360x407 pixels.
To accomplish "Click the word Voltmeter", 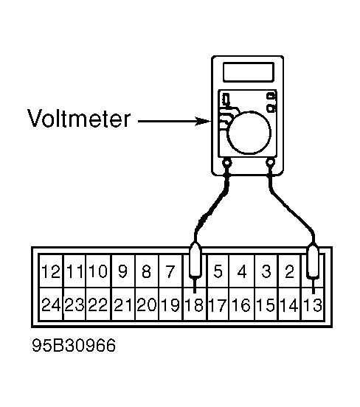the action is [79, 119].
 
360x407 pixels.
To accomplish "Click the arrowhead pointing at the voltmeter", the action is [203, 121].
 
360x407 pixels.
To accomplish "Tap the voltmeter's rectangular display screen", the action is [248, 72].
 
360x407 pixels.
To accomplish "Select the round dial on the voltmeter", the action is [249, 133].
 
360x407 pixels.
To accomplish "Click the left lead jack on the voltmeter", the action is [227, 163].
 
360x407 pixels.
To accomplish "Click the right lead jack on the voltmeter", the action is [271, 163].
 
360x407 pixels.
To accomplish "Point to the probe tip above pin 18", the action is [195, 285].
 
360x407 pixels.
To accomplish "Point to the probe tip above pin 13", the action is [314, 286].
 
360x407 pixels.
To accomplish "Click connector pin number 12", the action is [51, 271].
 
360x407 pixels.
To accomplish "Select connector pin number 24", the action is [51, 305].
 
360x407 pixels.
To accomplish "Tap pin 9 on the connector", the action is [122, 271].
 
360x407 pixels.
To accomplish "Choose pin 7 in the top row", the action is [170, 271].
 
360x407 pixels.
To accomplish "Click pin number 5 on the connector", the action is [218, 271].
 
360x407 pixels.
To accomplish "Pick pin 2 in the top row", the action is [289, 271].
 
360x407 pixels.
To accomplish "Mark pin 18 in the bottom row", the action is [194, 305].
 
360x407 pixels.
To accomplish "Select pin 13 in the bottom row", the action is [313, 305].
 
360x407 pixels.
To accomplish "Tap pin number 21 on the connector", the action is [123, 305].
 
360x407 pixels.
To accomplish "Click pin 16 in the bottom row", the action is [241, 305].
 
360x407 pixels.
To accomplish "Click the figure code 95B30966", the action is [74, 345].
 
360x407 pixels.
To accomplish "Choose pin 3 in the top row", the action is [266, 271].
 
